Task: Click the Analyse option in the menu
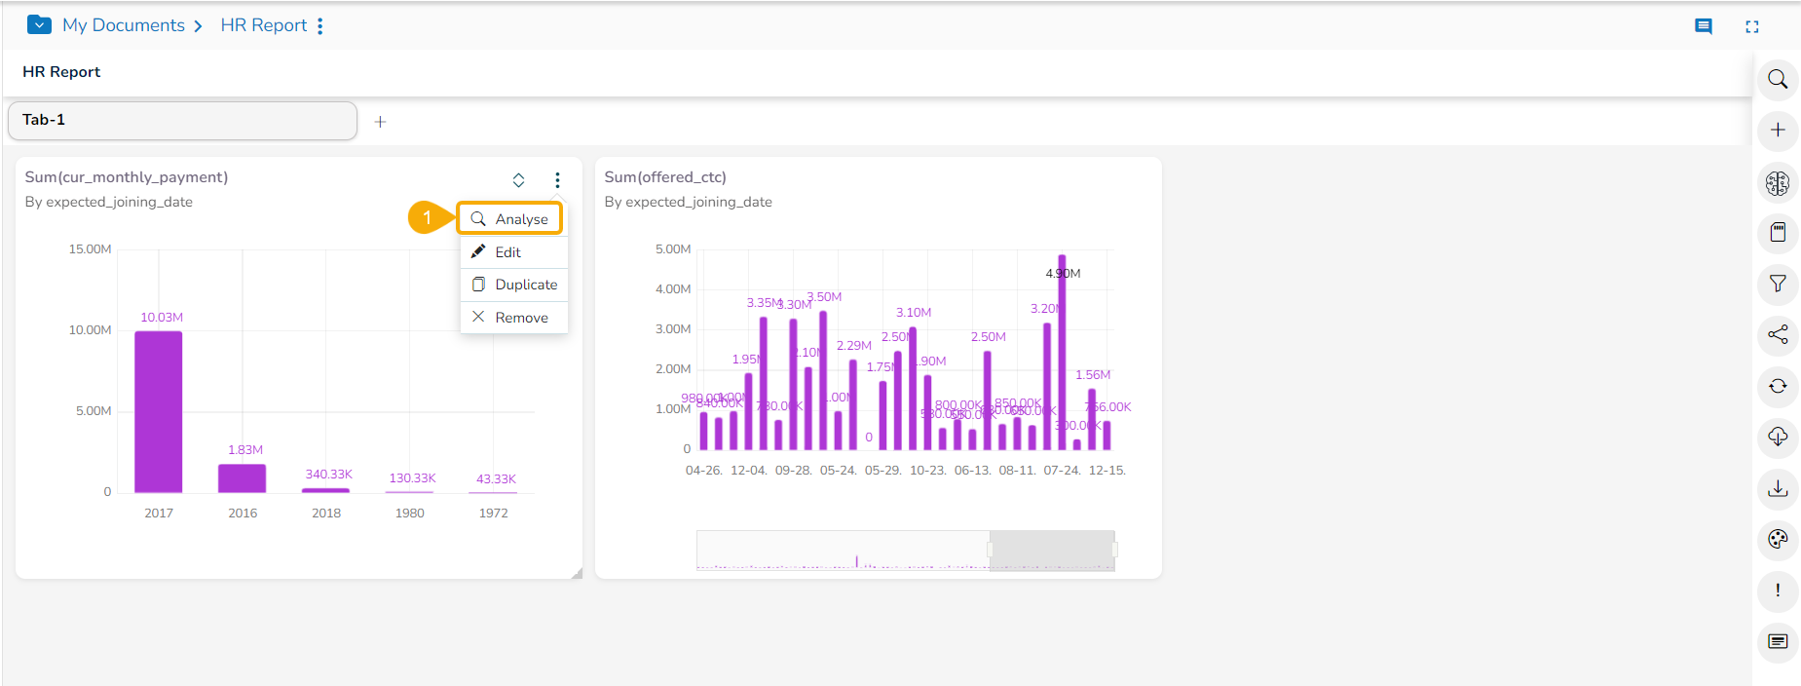pos(510,219)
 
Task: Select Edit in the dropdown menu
pos(507,252)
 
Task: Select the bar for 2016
pos(242,477)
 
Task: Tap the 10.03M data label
pos(162,318)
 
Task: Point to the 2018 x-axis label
pos(326,514)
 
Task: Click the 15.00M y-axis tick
pos(90,249)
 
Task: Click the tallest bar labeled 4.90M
pos(1062,351)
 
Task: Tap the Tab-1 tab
pos(181,120)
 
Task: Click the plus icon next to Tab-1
pos(380,122)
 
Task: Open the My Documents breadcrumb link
pos(124,25)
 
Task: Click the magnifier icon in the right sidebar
pos(1778,79)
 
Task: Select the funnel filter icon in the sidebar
pos(1778,284)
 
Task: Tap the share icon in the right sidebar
pos(1778,334)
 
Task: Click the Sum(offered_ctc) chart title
pos(665,177)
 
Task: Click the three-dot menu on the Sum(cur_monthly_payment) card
pos(557,180)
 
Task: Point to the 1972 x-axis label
pos(493,514)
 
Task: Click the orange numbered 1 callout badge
pos(427,218)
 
